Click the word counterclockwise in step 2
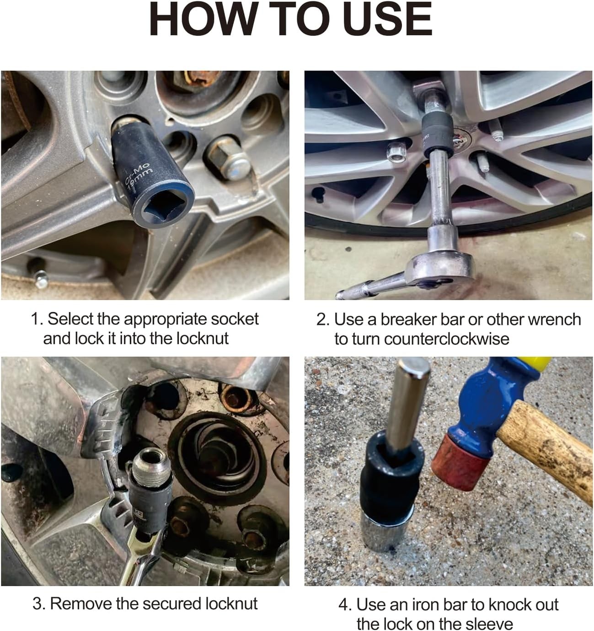click(446, 339)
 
